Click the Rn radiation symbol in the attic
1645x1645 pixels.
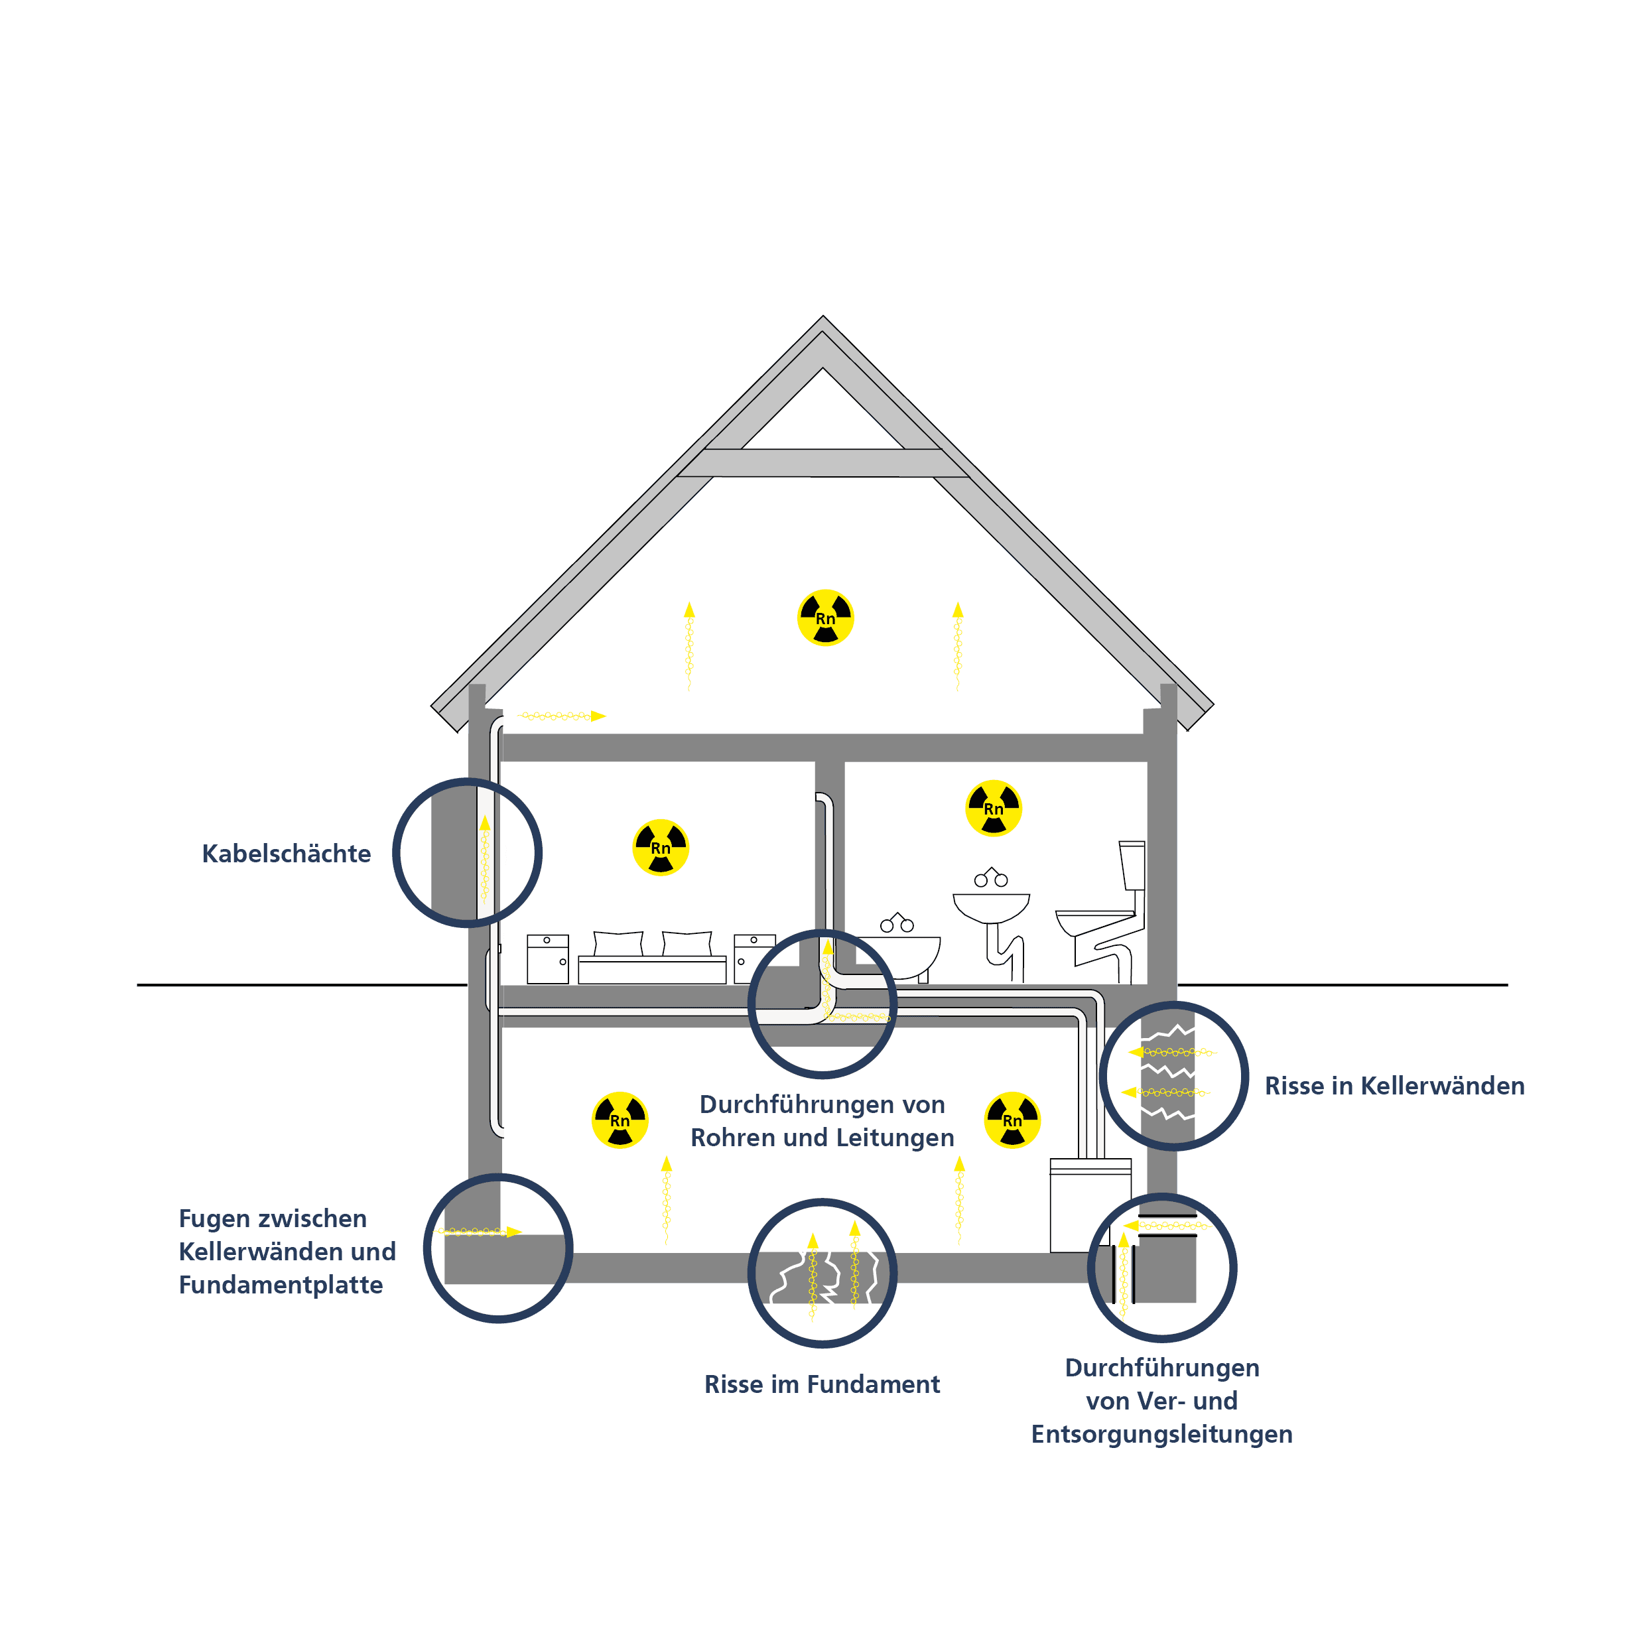coord(825,618)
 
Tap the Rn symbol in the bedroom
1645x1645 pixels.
coord(661,847)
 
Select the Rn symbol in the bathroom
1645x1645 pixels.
coord(993,808)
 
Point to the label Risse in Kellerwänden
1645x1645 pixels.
coord(1394,1086)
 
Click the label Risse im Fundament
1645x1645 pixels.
coord(822,1384)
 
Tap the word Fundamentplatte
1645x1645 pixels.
coord(281,1285)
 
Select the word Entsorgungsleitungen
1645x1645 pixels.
coord(1161,1434)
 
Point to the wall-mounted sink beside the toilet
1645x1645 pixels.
coord(991,907)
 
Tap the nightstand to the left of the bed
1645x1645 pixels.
coord(547,960)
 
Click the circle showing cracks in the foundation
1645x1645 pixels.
coord(822,1273)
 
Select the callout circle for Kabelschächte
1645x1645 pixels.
coord(466,852)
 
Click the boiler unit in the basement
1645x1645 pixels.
coord(1090,1205)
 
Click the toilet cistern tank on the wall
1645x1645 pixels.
coord(1132,865)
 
